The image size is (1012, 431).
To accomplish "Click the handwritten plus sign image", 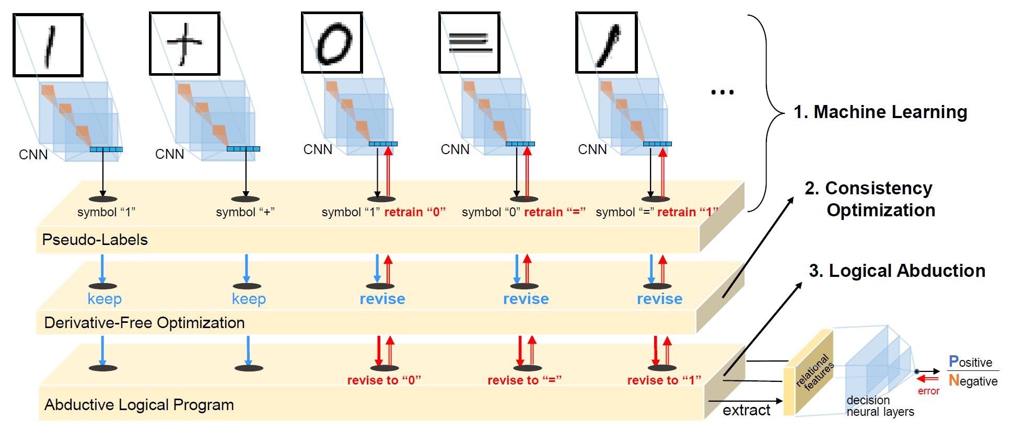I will click(x=184, y=44).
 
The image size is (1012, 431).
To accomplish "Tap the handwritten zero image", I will click(x=332, y=43).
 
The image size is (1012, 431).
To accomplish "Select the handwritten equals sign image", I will click(x=469, y=43).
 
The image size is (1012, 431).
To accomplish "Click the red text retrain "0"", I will click(x=415, y=212).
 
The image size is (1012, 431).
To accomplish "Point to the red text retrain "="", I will click(x=554, y=212).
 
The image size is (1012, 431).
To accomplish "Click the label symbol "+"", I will click(x=245, y=212).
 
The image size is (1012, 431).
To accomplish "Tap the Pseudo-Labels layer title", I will click(x=95, y=240).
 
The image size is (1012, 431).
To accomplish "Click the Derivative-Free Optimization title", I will click(x=144, y=323).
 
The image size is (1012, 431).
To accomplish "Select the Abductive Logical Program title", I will click(x=139, y=405).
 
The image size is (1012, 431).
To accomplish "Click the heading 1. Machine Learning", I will click(x=880, y=112).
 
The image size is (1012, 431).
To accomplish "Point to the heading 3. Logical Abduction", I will click(x=897, y=271).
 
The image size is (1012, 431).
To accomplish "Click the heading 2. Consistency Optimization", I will click(x=869, y=199).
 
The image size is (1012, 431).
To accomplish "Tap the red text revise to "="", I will click(x=524, y=380).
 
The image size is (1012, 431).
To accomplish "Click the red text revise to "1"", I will click(x=664, y=380).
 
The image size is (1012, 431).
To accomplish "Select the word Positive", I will click(x=970, y=362).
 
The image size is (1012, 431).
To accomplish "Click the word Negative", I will click(x=973, y=381).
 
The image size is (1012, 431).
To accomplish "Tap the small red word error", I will click(x=928, y=391).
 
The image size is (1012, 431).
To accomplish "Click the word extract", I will click(x=746, y=411).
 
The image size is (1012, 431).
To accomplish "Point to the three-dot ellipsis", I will click(x=722, y=92).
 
